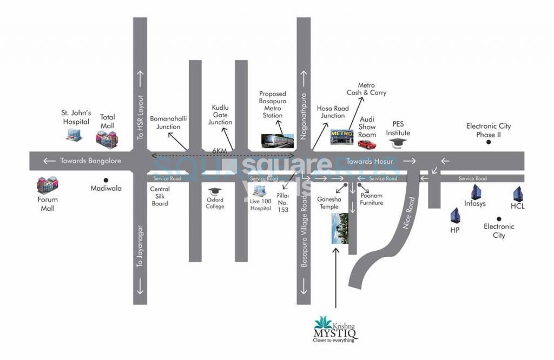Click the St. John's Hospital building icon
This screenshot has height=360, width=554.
click(74, 134)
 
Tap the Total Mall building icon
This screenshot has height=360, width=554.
click(106, 139)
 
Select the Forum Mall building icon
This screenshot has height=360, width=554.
click(47, 185)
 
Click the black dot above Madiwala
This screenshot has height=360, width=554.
click(106, 180)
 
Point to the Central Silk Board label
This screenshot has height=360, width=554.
click(160, 196)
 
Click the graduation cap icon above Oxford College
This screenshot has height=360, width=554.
click(215, 191)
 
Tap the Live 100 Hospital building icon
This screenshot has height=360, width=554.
click(260, 191)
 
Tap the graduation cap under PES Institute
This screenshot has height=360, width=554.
click(398, 143)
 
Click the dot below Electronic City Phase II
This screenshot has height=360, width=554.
click(489, 142)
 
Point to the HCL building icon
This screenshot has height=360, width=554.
click(518, 194)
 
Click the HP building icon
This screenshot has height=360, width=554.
click(455, 216)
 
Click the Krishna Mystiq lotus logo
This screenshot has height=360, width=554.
click(325, 322)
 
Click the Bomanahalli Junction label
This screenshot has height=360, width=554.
click(168, 123)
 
